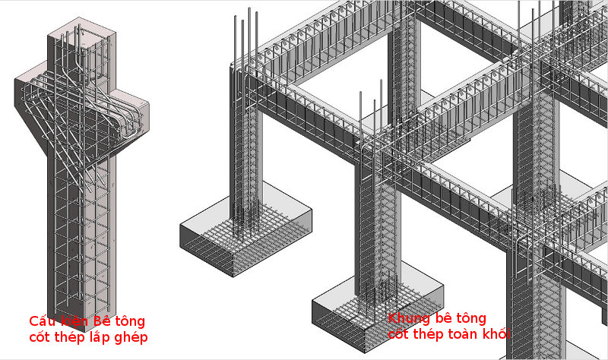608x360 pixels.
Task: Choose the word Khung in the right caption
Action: [x=408, y=317]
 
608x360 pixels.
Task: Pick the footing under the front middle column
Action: [x=376, y=311]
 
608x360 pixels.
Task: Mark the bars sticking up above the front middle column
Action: [x=368, y=114]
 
